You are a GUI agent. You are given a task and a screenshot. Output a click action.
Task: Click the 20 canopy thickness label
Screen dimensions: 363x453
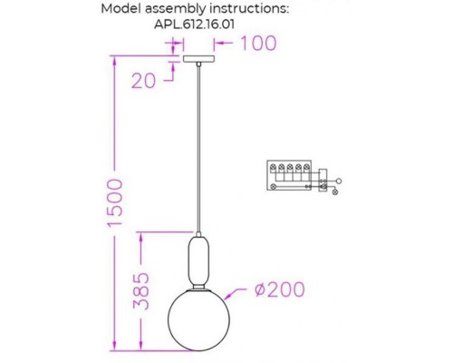coord(143,80)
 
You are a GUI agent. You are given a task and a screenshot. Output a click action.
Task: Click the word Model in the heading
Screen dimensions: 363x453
coord(124,9)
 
